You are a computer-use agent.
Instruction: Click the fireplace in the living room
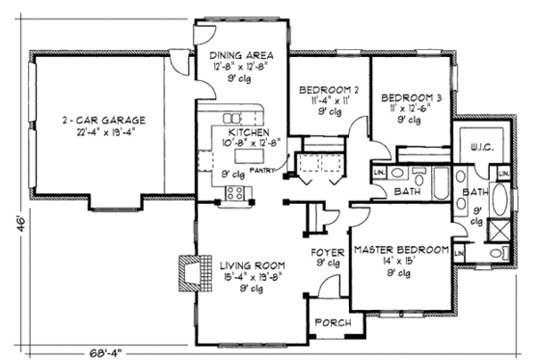click(x=189, y=271)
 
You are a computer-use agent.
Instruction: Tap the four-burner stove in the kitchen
click(x=234, y=195)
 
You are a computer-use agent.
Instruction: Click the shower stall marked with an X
click(x=499, y=230)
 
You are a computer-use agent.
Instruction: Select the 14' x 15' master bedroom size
click(x=400, y=263)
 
